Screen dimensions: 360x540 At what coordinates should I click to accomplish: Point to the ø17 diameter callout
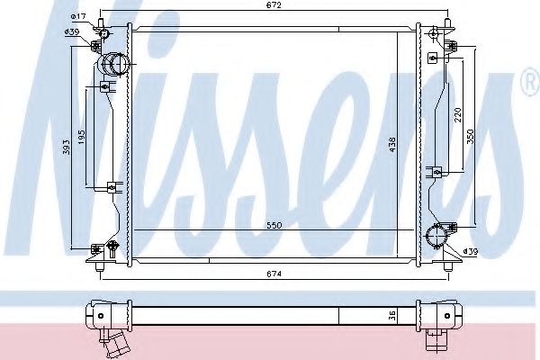78,17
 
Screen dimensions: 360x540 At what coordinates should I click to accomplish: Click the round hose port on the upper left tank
115,64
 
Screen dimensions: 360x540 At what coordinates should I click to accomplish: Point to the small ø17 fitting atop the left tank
104,34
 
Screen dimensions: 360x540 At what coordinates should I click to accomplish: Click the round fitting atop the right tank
436,34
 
